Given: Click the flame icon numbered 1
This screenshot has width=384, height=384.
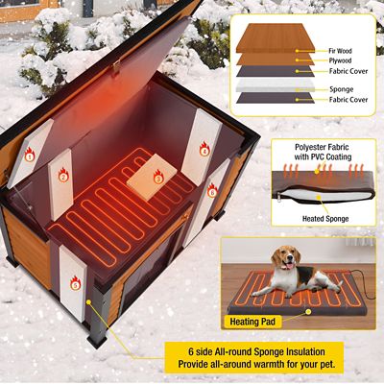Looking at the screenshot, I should (29, 154).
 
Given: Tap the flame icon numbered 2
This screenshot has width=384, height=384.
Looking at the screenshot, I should (63, 176).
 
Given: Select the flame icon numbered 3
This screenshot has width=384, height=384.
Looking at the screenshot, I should (158, 178).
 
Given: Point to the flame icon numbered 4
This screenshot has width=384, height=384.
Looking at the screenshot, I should (204, 150).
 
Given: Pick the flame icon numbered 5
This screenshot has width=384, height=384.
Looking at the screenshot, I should (76, 283).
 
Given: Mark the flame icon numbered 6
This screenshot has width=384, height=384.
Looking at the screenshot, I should (211, 191).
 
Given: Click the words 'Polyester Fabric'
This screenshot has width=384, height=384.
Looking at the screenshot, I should (299, 146).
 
